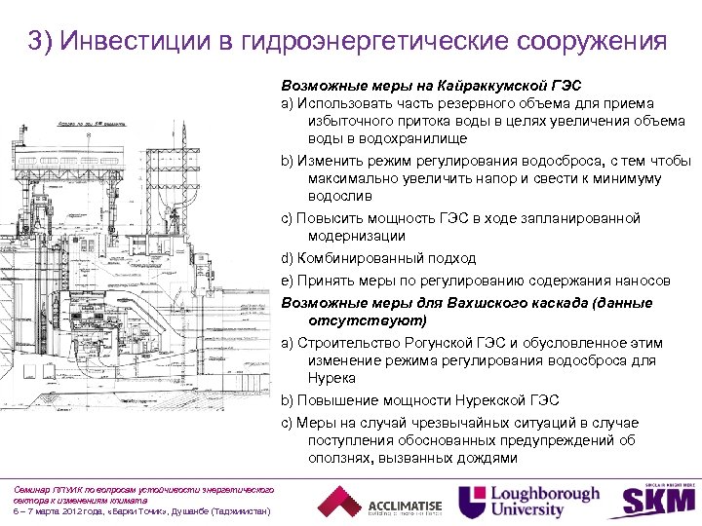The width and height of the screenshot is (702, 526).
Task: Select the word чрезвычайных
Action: (x=471, y=422)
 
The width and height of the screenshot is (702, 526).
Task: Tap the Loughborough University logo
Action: (x=530, y=501)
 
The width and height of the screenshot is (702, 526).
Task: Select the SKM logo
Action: (x=657, y=501)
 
